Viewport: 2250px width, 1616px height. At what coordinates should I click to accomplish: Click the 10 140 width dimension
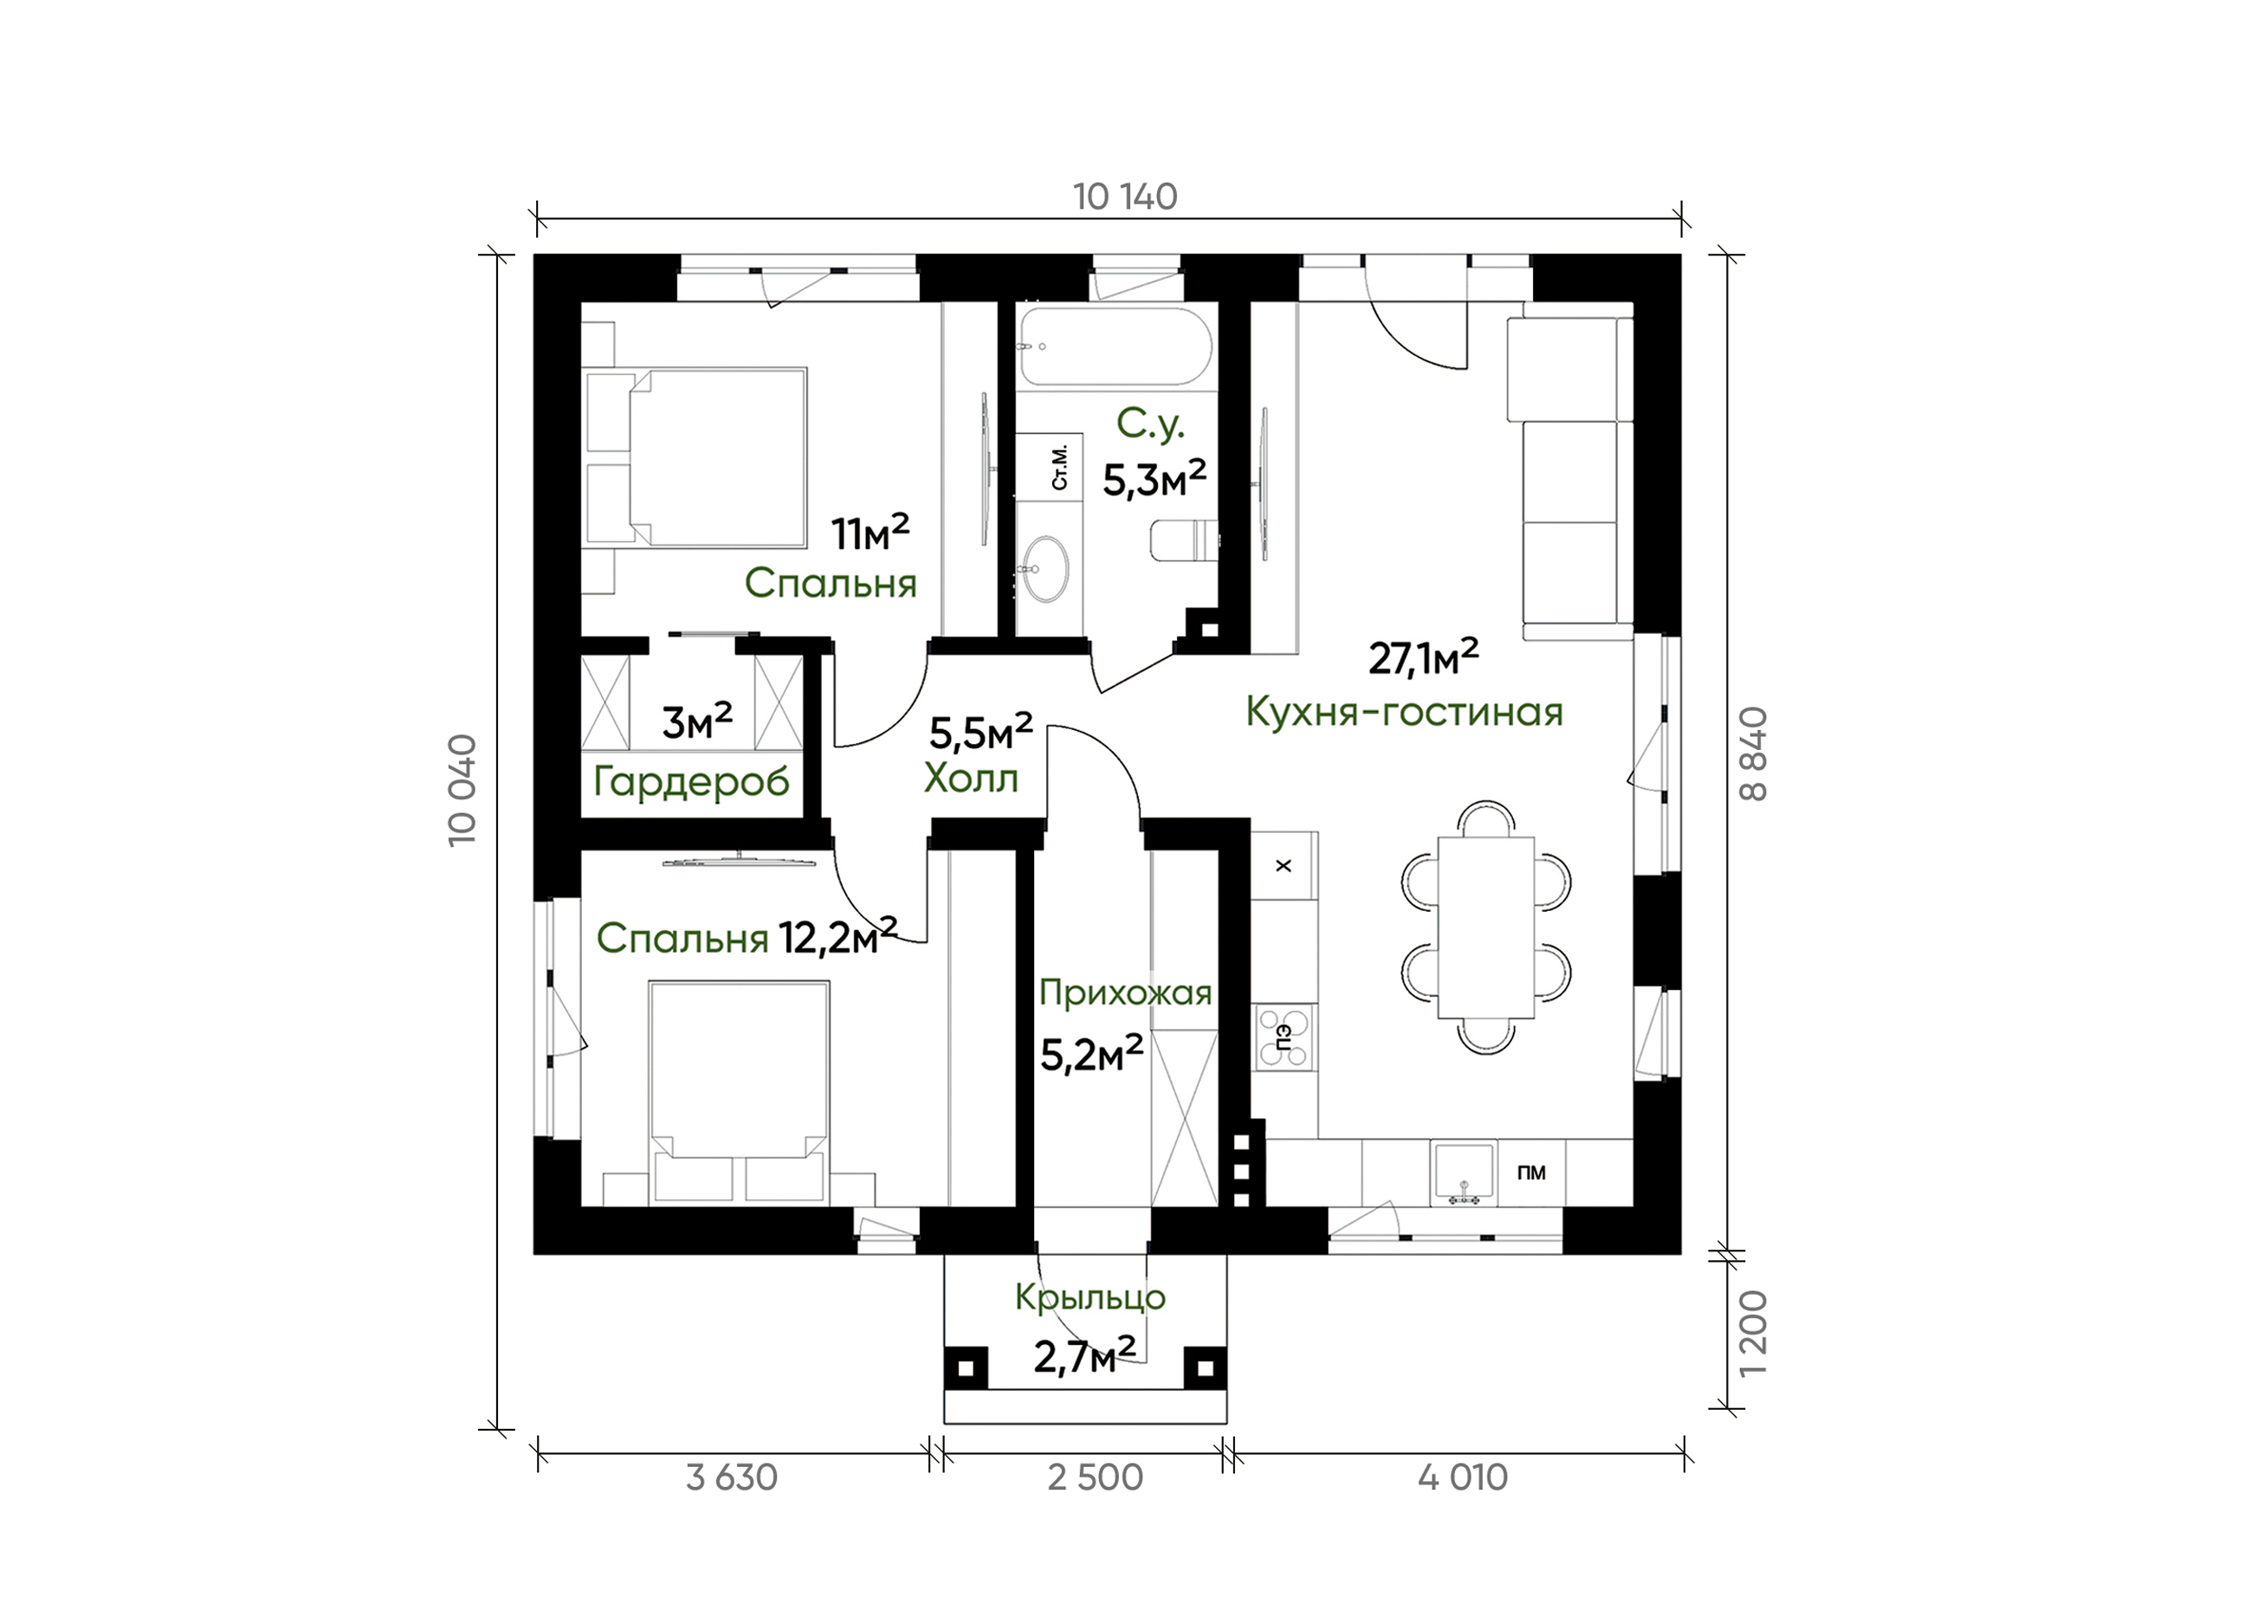click(x=1125, y=197)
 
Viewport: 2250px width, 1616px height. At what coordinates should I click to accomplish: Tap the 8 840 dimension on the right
click(x=1754, y=754)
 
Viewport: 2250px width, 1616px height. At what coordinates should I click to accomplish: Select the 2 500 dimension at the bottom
click(x=1096, y=1478)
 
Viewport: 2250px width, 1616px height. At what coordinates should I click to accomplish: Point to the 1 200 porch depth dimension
click(x=1754, y=1334)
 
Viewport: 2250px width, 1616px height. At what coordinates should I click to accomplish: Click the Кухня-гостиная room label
click(x=1404, y=711)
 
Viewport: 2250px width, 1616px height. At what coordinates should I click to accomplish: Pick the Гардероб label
click(x=691, y=783)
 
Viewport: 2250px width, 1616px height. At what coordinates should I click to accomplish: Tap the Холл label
click(x=971, y=779)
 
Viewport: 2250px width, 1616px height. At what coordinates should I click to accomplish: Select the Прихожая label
click(x=1126, y=993)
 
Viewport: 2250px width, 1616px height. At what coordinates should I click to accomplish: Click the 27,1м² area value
click(x=1424, y=657)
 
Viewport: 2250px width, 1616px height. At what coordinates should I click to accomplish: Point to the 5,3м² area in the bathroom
click(x=1154, y=480)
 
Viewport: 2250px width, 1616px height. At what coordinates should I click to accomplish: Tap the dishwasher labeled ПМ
click(x=1531, y=1173)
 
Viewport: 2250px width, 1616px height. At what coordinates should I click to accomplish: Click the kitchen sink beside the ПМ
click(x=1464, y=1173)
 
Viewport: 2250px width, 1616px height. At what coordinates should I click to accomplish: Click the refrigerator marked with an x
click(x=1283, y=865)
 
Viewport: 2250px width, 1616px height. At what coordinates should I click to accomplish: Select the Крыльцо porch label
click(x=1090, y=1297)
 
